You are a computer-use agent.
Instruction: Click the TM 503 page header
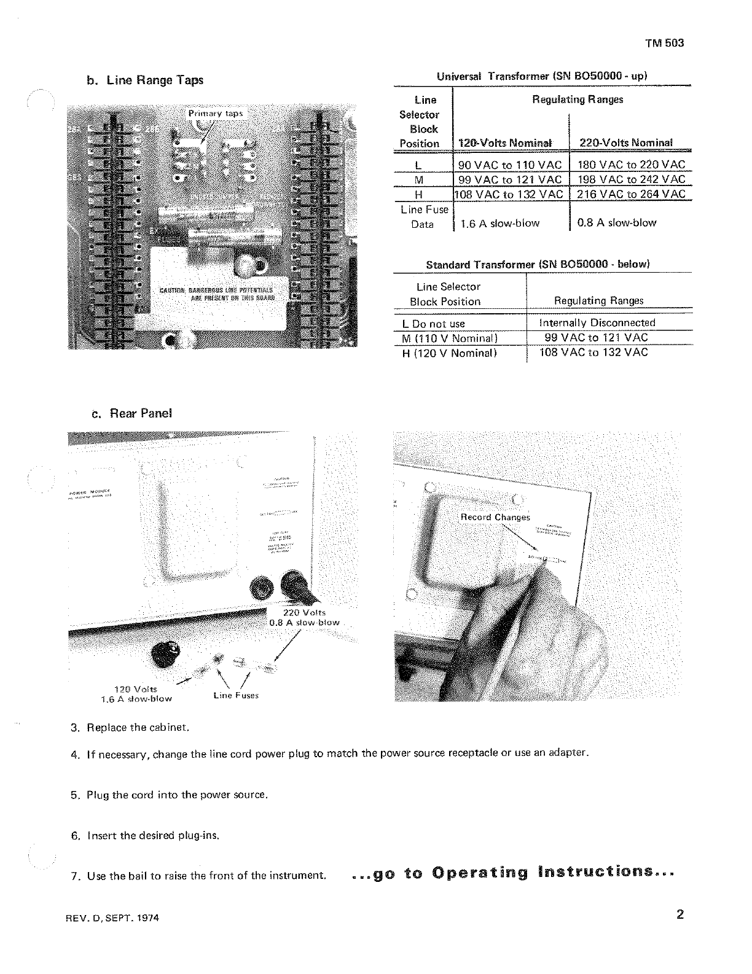click(664, 44)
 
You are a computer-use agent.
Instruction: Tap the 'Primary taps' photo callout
click(216, 114)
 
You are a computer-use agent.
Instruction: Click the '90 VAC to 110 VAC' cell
click(510, 165)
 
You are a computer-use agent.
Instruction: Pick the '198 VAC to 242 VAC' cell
click(631, 179)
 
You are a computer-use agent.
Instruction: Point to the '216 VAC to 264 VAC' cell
click(631, 194)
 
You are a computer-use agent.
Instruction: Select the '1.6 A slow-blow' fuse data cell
click(499, 224)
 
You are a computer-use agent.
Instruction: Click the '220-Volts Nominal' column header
click(626, 142)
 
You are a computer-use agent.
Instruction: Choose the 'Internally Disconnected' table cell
click(597, 323)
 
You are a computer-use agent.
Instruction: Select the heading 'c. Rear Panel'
click(131, 413)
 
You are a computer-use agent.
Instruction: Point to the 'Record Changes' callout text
click(495, 517)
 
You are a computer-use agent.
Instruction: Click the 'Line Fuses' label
click(236, 695)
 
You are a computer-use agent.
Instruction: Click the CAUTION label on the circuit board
click(216, 294)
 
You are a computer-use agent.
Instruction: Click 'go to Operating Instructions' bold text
click(514, 873)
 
